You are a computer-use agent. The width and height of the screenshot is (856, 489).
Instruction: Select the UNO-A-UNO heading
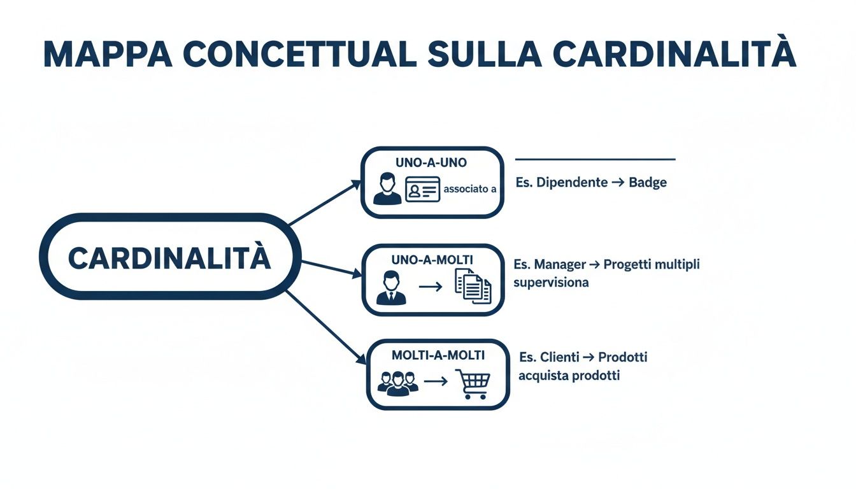(431, 163)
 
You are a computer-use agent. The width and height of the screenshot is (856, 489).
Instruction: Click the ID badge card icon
(422, 190)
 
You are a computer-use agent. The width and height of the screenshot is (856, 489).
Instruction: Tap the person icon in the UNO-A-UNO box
(387, 189)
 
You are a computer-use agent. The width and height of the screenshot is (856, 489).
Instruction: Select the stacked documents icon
(473, 287)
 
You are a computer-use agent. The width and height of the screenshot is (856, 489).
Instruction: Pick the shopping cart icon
(474, 383)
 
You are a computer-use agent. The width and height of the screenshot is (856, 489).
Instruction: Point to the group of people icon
(397, 382)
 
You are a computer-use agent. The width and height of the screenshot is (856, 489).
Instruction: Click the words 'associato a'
(469, 189)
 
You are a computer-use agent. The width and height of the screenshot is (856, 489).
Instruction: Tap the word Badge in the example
(647, 183)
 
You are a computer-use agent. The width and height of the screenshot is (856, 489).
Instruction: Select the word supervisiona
(551, 281)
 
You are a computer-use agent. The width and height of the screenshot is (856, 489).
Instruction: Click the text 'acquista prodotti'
(569, 376)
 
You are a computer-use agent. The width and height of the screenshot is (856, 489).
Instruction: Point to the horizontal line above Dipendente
(594, 159)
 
